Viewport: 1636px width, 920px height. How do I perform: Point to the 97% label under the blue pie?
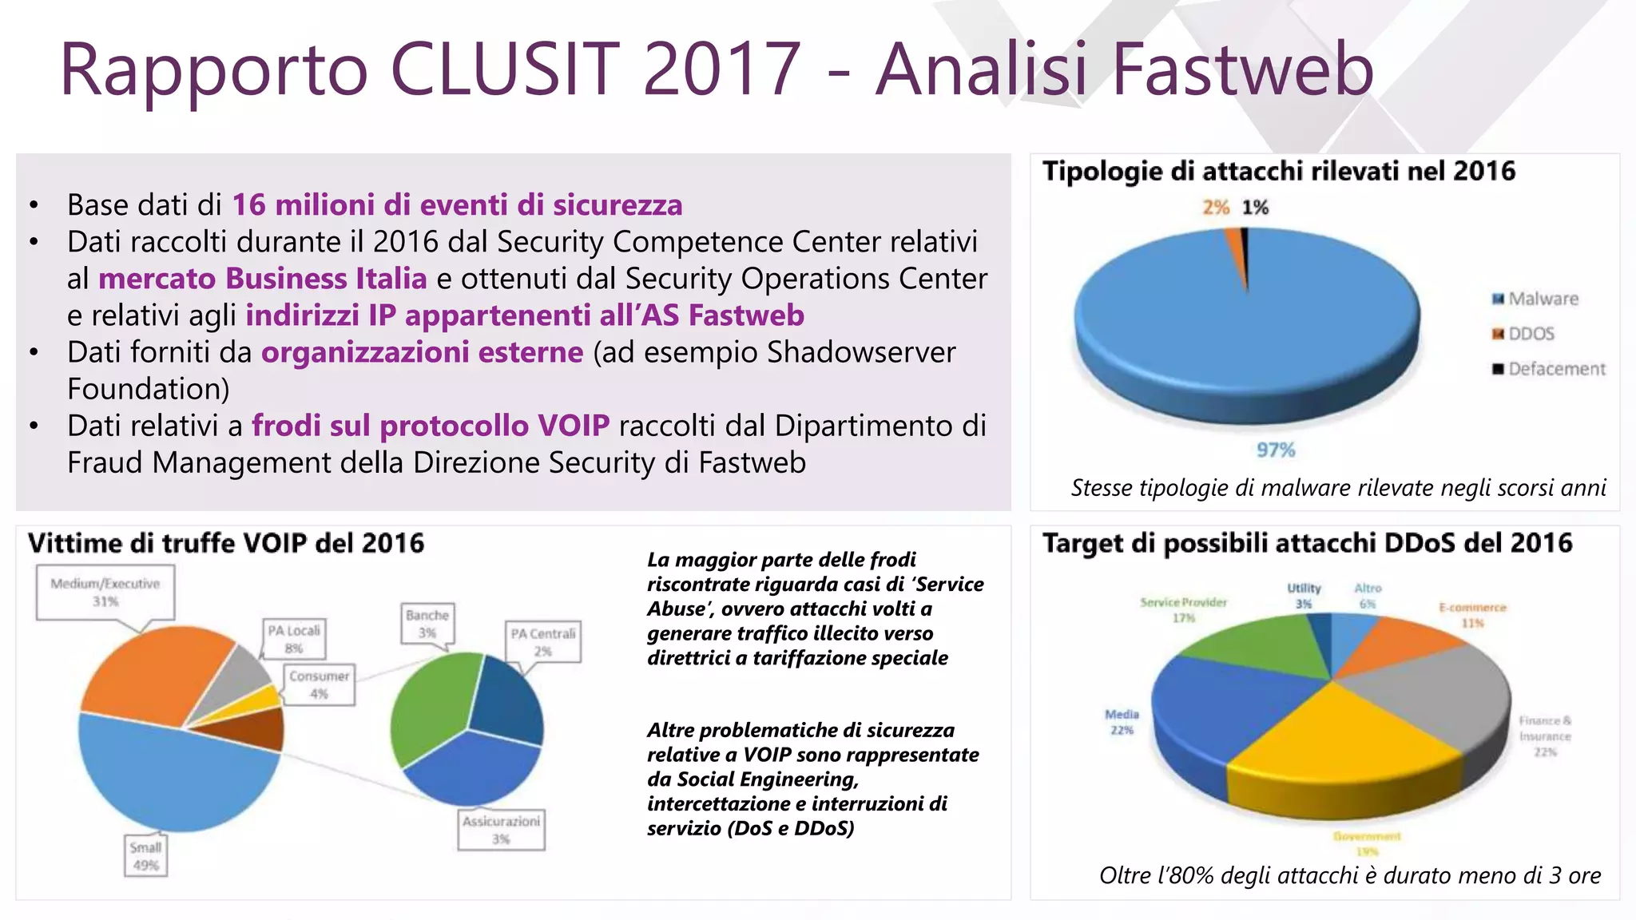click(1276, 450)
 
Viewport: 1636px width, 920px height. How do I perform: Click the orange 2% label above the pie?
click(1216, 208)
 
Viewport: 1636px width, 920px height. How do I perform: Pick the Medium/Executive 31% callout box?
click(105, 592)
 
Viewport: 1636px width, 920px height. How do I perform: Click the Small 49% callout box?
click(146, 856)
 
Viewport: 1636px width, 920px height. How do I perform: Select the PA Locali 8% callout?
click(294, 639)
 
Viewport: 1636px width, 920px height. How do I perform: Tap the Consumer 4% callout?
click(319, 684)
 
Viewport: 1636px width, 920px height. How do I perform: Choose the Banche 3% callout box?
click(427, 623)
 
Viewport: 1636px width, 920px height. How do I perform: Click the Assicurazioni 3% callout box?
click(501, 830)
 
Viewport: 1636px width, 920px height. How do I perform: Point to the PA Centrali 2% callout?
click(543, 641)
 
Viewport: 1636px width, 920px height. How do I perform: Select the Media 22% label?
click(1122, 722)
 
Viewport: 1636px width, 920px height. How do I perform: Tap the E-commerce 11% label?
click(1472, 615)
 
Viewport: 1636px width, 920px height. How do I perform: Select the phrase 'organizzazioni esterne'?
click(422, 352)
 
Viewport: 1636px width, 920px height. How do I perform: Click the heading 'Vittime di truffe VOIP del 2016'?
click(226, 544)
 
